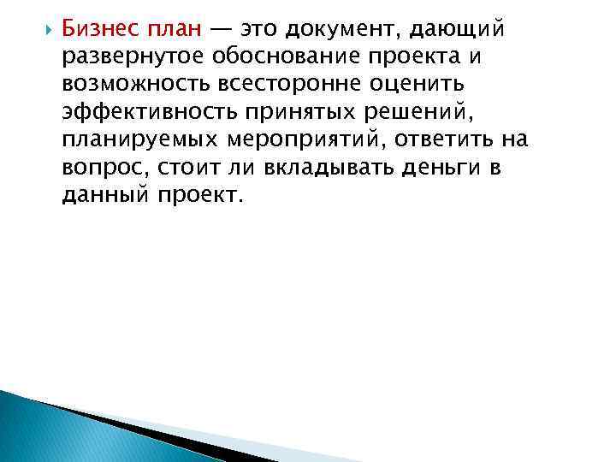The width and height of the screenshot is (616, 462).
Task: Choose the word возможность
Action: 130,86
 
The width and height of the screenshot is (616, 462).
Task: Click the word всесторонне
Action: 281,86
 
